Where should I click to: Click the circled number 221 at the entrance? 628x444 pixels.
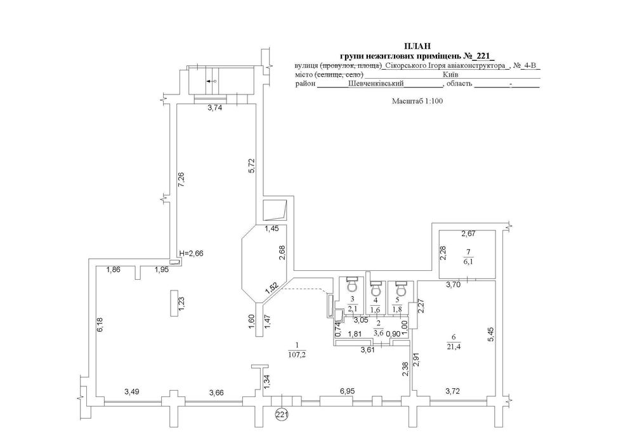click(282, 414)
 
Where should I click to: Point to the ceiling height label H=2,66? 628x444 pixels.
click(192, 253)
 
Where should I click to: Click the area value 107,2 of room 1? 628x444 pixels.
click(296, 355)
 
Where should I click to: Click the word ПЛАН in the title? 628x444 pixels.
click(417, 47)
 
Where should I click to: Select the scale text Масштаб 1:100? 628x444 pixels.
click(417, 101)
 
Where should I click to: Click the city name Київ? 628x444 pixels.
click(450, 74)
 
